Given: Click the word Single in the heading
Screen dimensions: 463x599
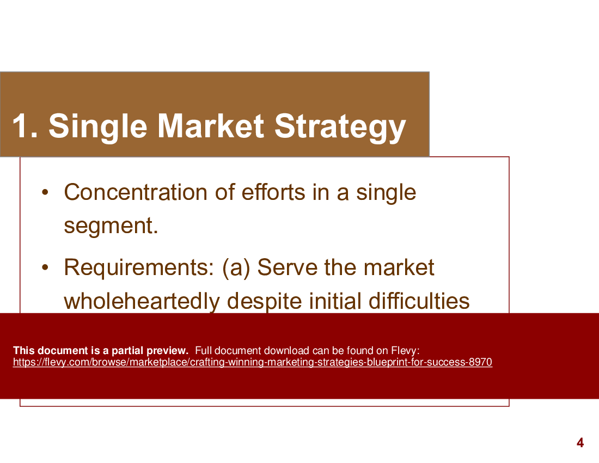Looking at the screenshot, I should pos(98,126).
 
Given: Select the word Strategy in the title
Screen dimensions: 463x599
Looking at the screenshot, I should pos(340,126).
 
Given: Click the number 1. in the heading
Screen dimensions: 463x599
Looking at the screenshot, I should pos(25,126).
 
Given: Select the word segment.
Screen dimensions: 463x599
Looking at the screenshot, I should pos(111,226).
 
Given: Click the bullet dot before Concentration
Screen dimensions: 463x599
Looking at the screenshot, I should pos(46,192).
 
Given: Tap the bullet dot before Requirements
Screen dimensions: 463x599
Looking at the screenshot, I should pos(46,267).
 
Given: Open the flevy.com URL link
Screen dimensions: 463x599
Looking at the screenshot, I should pos(252,363).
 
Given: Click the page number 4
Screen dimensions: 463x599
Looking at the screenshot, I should pos(580,443).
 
